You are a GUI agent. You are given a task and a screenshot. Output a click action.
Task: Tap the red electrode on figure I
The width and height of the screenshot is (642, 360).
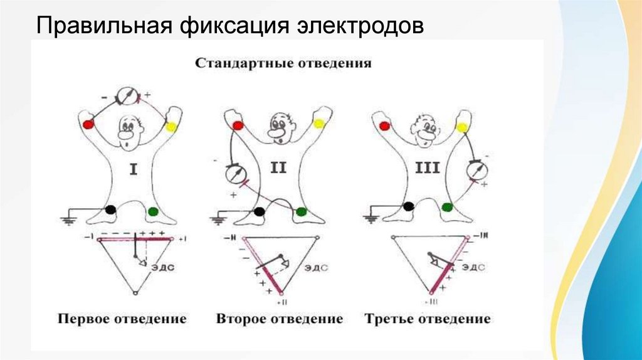click(x=88, y=124)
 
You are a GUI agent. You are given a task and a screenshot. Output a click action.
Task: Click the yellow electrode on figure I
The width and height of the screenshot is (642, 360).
click(x=171, y=127)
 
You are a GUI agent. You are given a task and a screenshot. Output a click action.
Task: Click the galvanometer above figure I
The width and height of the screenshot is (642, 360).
click(x=128, y=95)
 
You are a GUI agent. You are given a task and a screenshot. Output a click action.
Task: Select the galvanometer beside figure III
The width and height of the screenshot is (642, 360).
click(x=478, y=169)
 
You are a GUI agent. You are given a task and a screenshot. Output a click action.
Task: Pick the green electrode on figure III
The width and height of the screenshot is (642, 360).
click(x=447, y=207)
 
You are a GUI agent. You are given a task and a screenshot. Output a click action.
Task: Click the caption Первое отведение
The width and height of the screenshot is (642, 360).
click(x=122, y=319)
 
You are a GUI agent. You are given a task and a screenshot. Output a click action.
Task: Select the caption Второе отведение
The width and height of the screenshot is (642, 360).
click(x=280, y=319)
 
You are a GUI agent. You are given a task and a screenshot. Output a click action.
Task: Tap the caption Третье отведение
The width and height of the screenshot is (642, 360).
click(x=428, y=319)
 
